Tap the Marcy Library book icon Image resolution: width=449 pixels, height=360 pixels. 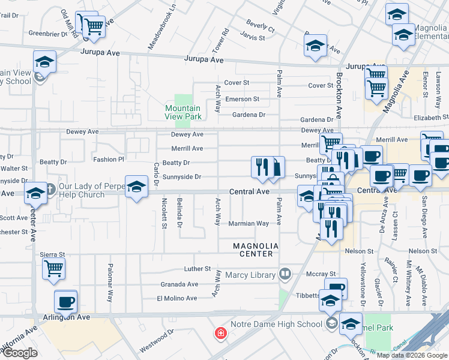[285, 275]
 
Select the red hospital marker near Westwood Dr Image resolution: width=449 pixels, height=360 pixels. [221, 333]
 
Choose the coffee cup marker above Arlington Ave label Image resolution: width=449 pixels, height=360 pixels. [65, 302]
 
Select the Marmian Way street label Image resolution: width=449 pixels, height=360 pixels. [249, 223]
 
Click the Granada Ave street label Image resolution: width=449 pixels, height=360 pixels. [179, 284]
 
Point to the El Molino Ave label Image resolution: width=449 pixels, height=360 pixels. [176, 298]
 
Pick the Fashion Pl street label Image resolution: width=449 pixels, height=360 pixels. [108, 160]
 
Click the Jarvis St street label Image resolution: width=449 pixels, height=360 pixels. [253, 38]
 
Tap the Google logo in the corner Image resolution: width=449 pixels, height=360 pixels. [20, 353]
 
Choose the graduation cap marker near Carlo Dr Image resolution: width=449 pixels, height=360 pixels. [136, 186]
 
